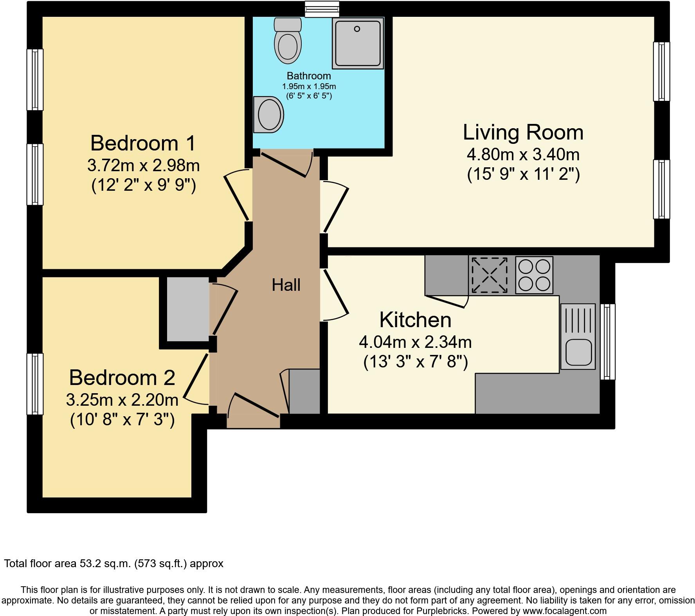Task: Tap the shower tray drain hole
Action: pyautogui.click(x=357, y=29)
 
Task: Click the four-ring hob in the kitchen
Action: pyautogui.click(x=534, y=275)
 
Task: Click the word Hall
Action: pyautogui.click(x=286, y=285)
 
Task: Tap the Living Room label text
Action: pyautogui.click(x=523, y=133)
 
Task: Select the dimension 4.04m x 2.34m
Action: pyautogui.click(x=415, y=342)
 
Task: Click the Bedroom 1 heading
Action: pyautogui.click(x=143, y=143)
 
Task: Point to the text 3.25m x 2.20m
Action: pyautogui.click(x=122, y=400)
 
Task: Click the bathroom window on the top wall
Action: pyautogui.click(x=322, y=9)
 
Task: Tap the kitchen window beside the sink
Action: pyautogui.click(x=607, y=342)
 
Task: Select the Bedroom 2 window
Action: pyautogui.click(x=35, y=384)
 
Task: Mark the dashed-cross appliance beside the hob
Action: pyautogui.click(x=489, y=275)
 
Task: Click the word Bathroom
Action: pyautogui.click(x=309, y=76)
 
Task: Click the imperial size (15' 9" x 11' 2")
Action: pyautogui.click(x=523, y=174)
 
